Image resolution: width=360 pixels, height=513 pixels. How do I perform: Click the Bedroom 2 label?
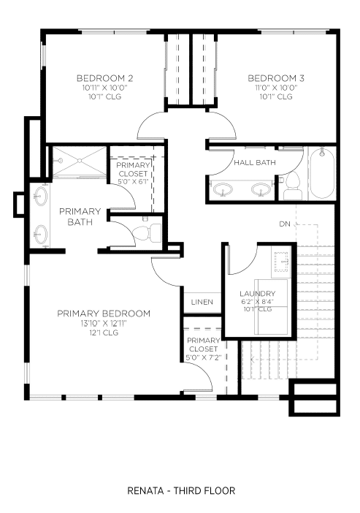104,78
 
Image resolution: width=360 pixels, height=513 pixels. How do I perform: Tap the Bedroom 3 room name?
276,78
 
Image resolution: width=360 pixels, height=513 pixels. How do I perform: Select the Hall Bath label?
255,163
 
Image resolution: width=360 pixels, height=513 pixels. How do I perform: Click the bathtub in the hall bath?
322,173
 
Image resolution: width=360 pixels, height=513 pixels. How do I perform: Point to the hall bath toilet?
293,186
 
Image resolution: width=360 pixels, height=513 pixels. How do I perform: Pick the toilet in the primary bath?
147,232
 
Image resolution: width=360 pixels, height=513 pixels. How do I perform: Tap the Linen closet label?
202,302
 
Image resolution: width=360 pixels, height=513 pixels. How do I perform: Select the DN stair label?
285,224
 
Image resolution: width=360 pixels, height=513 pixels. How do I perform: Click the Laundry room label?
257,294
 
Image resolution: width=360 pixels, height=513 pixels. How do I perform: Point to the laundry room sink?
282,262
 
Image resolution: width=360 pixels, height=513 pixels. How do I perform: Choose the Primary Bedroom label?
104,313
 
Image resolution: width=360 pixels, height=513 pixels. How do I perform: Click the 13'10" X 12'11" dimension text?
104,324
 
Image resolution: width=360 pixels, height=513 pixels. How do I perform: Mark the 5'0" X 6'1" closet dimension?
133,181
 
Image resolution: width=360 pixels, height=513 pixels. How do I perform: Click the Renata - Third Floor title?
181,491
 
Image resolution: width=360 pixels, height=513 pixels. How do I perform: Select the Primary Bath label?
80,216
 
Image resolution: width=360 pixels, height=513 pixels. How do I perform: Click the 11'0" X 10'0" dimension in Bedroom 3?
276,88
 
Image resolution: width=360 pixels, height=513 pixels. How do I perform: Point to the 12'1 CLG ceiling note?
104,333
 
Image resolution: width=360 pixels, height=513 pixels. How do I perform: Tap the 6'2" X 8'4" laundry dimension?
257,302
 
